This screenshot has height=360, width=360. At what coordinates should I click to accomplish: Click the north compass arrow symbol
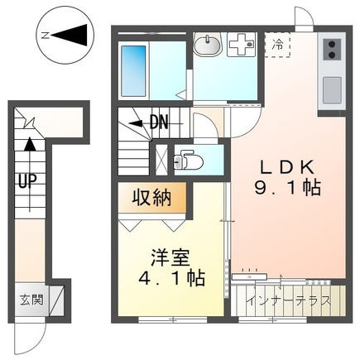[x=69, y=35]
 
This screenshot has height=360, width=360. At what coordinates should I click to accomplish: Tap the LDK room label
[x=287, y=168]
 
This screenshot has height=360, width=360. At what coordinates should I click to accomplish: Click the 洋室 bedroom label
[x=170, y=257]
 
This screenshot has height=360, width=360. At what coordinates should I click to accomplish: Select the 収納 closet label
[x=151, y=198]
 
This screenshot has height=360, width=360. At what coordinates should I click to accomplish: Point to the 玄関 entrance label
[x=31, y=300]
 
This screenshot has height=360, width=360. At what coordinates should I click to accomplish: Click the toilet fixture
[x=188, y=159]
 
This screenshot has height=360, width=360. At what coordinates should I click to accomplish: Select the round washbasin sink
[x=207, y=45]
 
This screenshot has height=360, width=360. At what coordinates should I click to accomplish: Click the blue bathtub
[x=133, y=71]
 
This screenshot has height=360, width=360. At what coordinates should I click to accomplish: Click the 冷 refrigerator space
[x=277, y=45]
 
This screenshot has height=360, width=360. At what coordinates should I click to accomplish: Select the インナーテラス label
[x=289, y=300]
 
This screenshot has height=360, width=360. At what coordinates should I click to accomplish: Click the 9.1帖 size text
[x=287, y=188]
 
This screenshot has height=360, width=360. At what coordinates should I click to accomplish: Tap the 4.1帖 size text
[x=171, y=278]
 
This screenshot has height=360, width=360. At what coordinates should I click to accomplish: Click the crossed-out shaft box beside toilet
[x=161, y=159]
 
